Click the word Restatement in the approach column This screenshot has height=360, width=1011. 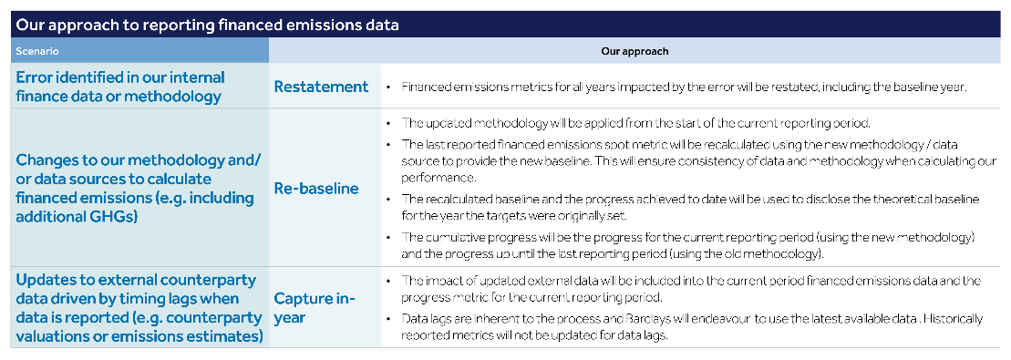coord(321,87)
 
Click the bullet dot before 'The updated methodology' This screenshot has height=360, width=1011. coord(389,122)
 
